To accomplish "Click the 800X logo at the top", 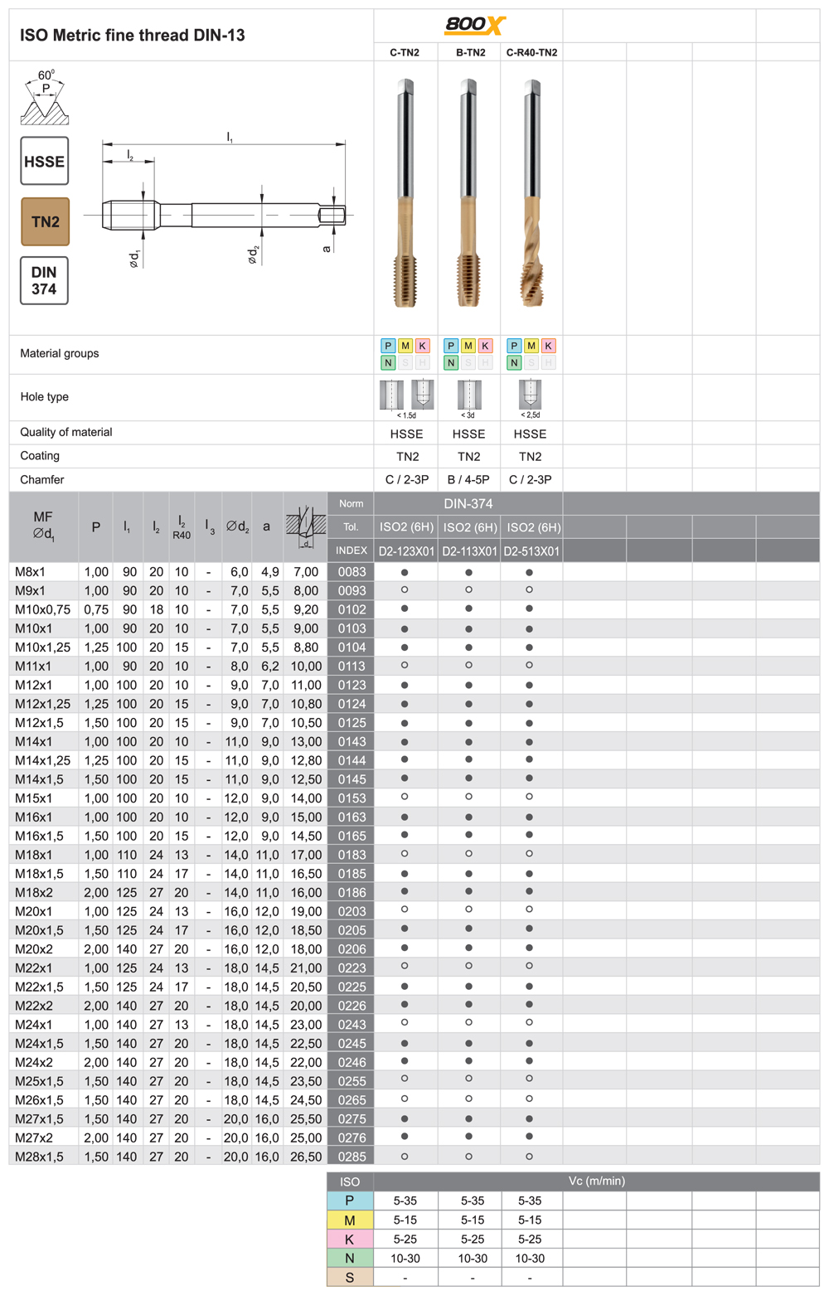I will click(x=474, y=25).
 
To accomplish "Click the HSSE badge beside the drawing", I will click(x=44, y=162).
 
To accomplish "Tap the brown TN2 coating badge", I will click(x=45, y=221).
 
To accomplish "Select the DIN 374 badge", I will click(x=44, y=280).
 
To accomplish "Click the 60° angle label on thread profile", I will click(x=46, y=75).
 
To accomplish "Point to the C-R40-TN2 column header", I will click(x=531, y=52).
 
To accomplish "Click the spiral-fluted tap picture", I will click(x=531, y=195).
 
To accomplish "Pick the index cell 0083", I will click(x=351, y=572).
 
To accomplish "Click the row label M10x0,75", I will click(x=42, y=609).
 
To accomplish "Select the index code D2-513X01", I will click(x=531, y=551).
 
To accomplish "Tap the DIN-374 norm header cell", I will click(x=468, y=503).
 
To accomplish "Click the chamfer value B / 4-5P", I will click(x=468, y=479).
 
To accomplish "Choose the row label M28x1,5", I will click(x=39, y=1157).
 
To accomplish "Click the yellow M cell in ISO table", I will click(x=349, y=1220).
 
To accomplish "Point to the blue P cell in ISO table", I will click(x=349, y=1201).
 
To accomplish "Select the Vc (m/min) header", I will click(x=596, y=1181).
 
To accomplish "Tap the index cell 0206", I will click(x=351, y=949).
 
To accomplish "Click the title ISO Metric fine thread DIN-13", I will click(x=133, y=36).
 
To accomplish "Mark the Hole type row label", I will click(x=45, y=397).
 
